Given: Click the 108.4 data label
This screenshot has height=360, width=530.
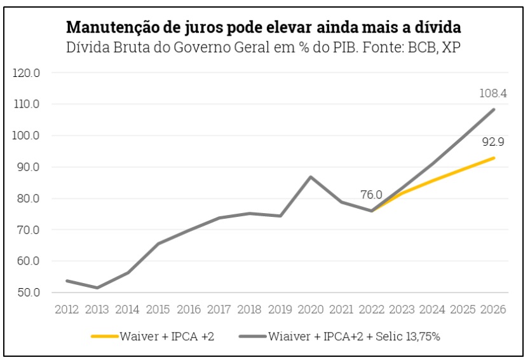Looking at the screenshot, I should pos(493,93).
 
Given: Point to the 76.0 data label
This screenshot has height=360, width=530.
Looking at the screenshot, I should pos(371,195).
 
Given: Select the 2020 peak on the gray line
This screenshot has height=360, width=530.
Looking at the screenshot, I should pos(311,177).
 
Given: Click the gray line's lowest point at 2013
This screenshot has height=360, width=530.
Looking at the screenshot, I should pos(97,287).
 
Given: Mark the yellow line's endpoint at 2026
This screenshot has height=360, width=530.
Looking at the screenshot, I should pos(494,158).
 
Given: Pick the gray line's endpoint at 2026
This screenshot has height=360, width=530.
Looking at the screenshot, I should pos(494,109).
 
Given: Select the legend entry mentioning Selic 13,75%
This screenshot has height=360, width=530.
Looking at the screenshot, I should pos(354,336).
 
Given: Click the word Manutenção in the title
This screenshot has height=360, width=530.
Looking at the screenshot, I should pos(111,29).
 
